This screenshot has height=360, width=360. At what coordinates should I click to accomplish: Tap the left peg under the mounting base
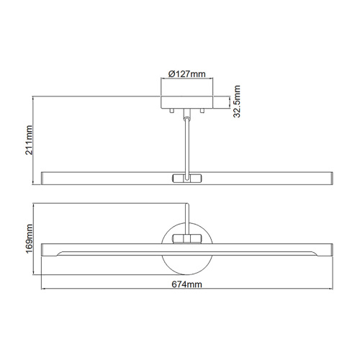[x=172, y=112]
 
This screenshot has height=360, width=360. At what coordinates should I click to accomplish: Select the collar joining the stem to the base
[x=186, y=115]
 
